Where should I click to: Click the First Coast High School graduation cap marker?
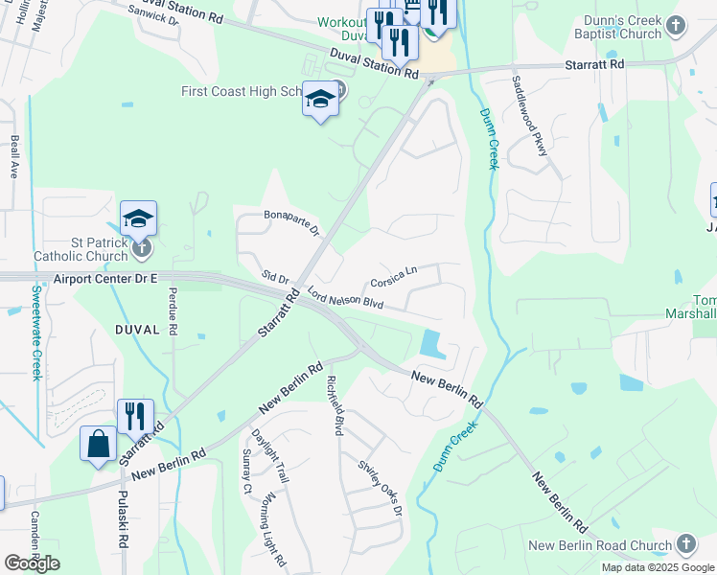(x=321, y=101)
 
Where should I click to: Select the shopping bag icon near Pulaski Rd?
(x=98, y=444)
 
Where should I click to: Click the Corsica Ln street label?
(x=394, y=278)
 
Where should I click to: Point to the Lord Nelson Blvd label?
(x=345, y=299)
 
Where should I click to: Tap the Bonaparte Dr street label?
(x=291, y=222)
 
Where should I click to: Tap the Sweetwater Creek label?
(x=36, y=332)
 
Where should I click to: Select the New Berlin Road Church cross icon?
(x=685, y=544)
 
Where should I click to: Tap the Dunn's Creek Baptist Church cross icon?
(x=676, y=25)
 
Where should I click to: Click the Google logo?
(x=32, y=563)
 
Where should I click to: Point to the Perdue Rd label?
(x=173, y=310)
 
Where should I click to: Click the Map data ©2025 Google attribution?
(x=659, y=567)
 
